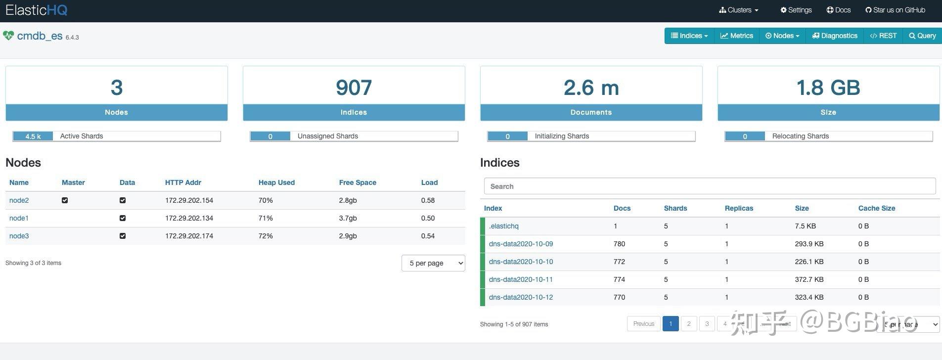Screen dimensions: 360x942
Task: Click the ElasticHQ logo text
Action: [37, 10]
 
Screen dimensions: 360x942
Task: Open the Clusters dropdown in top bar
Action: [739, 10]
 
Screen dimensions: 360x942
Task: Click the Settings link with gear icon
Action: [796, 10]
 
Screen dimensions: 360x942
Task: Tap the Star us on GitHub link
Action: [896, 10]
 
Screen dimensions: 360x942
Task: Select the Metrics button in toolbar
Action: [736, 36]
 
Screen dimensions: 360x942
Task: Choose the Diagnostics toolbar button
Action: [835, 36]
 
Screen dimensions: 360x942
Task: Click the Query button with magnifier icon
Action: [922, 36]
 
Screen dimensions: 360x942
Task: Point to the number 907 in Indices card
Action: [354, 88]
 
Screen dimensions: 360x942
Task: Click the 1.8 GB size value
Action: [828, 88]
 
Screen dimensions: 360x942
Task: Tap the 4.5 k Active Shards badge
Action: [33, 136]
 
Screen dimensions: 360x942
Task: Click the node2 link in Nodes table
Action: [19, 200]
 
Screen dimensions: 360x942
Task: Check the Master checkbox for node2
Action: [65, 200]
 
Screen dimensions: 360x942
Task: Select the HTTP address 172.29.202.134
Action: [189, 218]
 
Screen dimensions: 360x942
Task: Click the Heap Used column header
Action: [276, 182]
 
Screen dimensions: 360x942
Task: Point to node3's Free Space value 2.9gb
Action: [348, 236]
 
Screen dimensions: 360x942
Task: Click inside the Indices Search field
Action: [710, 186]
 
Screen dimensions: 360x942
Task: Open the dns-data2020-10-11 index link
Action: [521, 279]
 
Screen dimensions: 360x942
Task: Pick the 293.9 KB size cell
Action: [809, 244]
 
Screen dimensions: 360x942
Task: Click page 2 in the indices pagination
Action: [689, 324]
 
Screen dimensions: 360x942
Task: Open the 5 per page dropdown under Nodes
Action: [433, 263]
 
